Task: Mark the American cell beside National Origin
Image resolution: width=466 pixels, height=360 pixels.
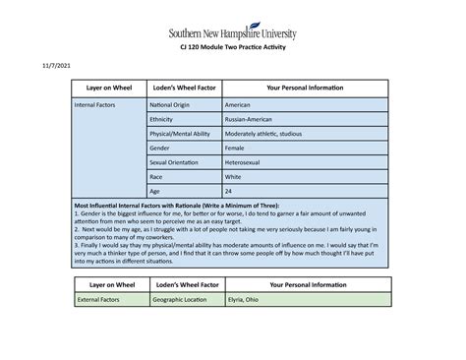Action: click(x=242, y=103)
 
